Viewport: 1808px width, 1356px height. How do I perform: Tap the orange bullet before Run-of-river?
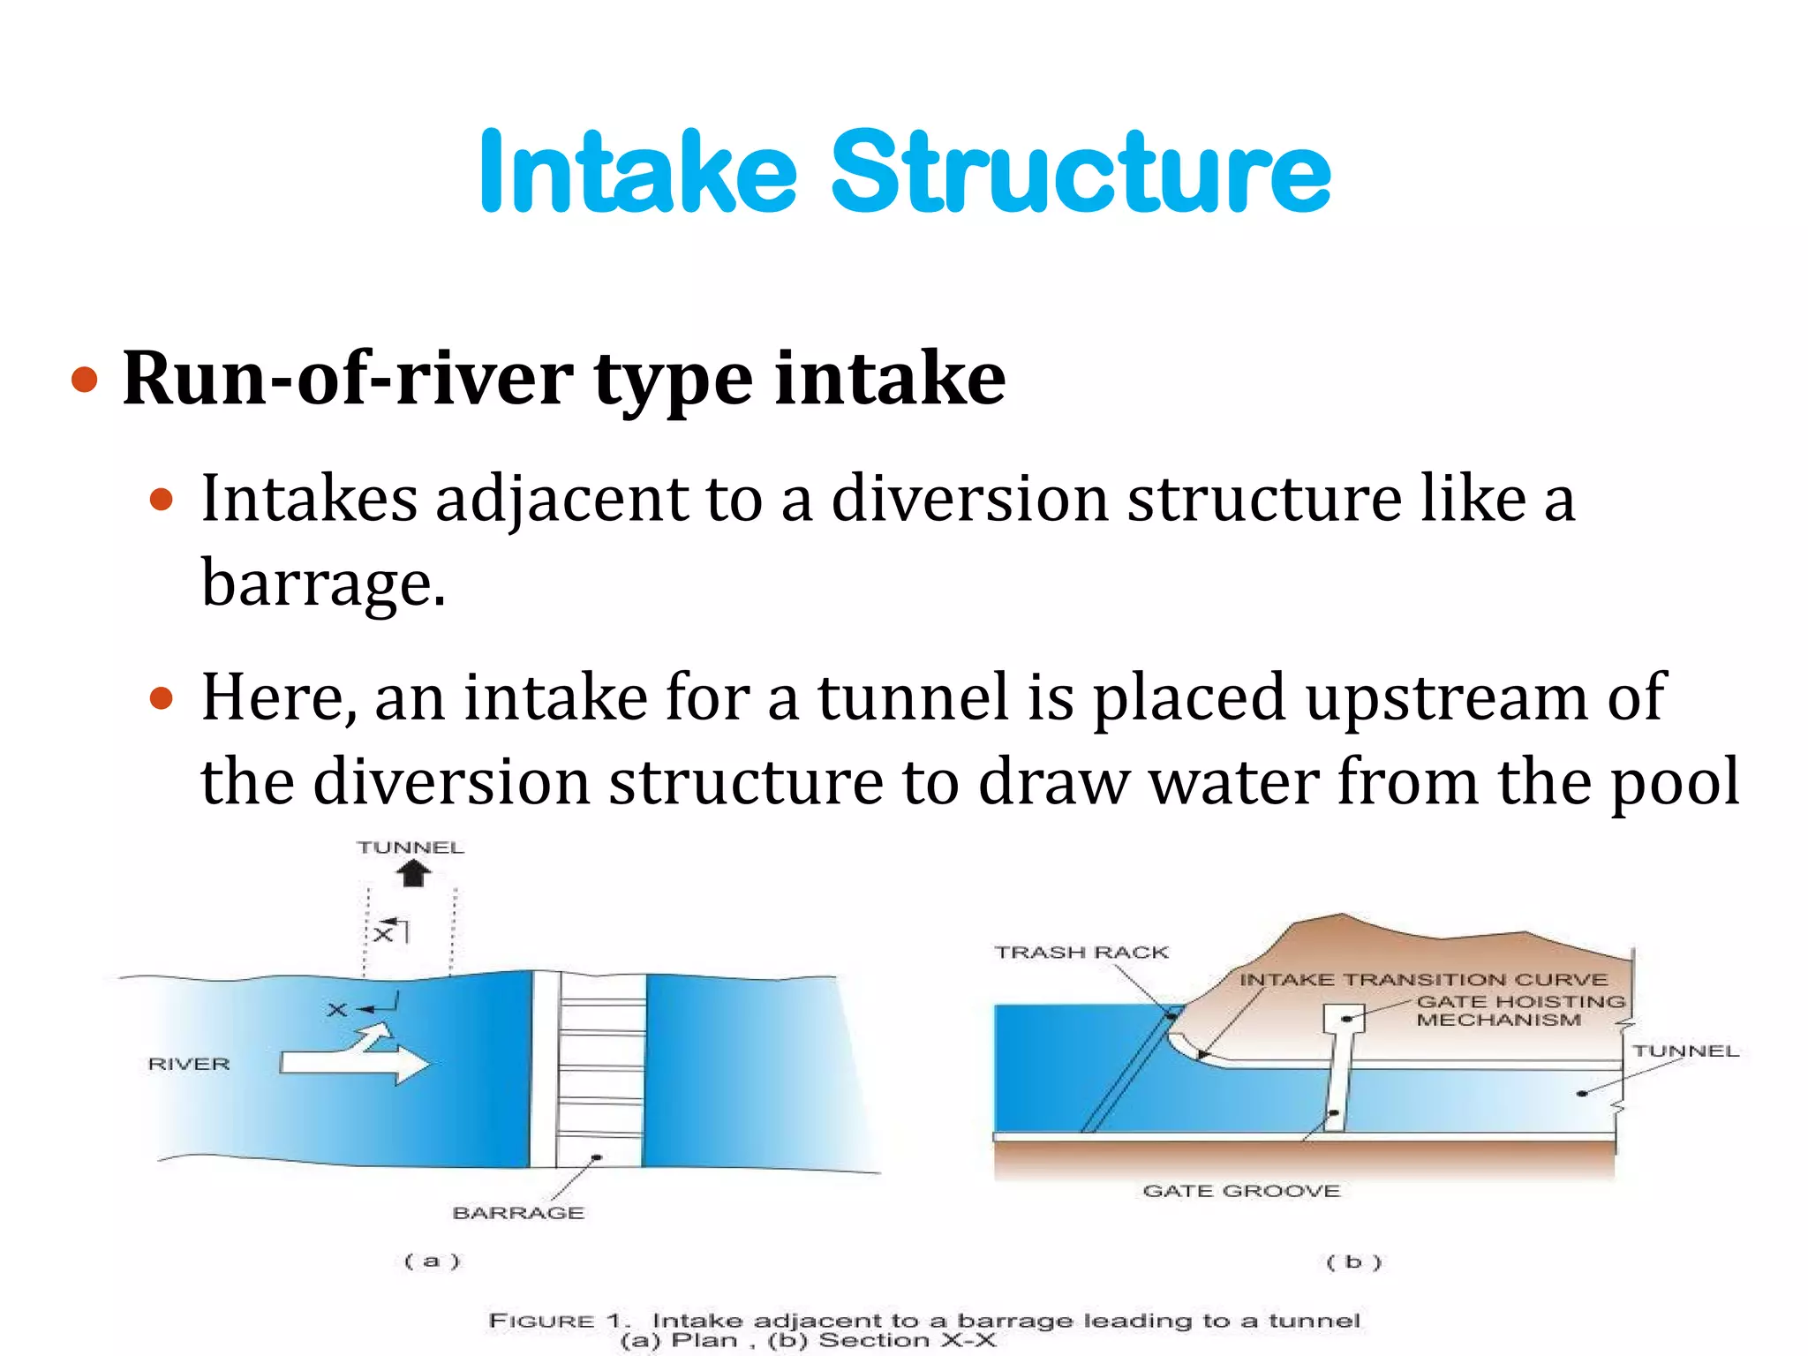84,380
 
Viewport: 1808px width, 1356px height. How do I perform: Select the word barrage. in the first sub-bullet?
323,584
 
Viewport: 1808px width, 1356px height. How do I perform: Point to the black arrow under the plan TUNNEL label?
412,874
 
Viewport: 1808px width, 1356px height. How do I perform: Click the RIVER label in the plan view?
189,1064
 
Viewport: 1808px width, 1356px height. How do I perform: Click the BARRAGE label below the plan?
518,1213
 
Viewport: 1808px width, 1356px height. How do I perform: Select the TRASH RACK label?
1081,953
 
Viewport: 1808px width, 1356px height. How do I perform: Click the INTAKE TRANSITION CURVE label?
1423,980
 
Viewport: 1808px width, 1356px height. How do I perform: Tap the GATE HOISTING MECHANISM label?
1520,1011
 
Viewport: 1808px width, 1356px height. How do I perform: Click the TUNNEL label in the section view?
1684,1051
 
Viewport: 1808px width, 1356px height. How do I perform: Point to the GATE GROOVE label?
1241,1191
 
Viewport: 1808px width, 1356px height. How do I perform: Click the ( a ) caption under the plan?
432,1261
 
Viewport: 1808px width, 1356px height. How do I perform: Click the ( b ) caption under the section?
1353,1262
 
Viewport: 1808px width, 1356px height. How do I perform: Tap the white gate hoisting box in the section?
1344,1019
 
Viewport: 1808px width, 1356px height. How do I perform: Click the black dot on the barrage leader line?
597,1157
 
